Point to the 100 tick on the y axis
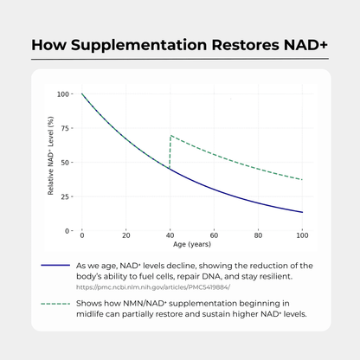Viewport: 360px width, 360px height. coord(63,93)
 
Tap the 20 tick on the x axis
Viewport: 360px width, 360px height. coord(126,235)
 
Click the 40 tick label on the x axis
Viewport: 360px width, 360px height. coord(170,235)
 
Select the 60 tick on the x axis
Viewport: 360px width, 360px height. coord(215,235)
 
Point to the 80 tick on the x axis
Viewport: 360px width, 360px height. coord(259,235)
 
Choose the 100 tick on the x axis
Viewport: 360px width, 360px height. coord(302,235)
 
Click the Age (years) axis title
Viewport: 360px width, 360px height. coord(192,245)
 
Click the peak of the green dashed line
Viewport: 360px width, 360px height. coord(170,136)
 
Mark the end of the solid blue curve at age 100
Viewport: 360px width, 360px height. coord(303,212)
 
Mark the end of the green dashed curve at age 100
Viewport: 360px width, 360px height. coord(303,179)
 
